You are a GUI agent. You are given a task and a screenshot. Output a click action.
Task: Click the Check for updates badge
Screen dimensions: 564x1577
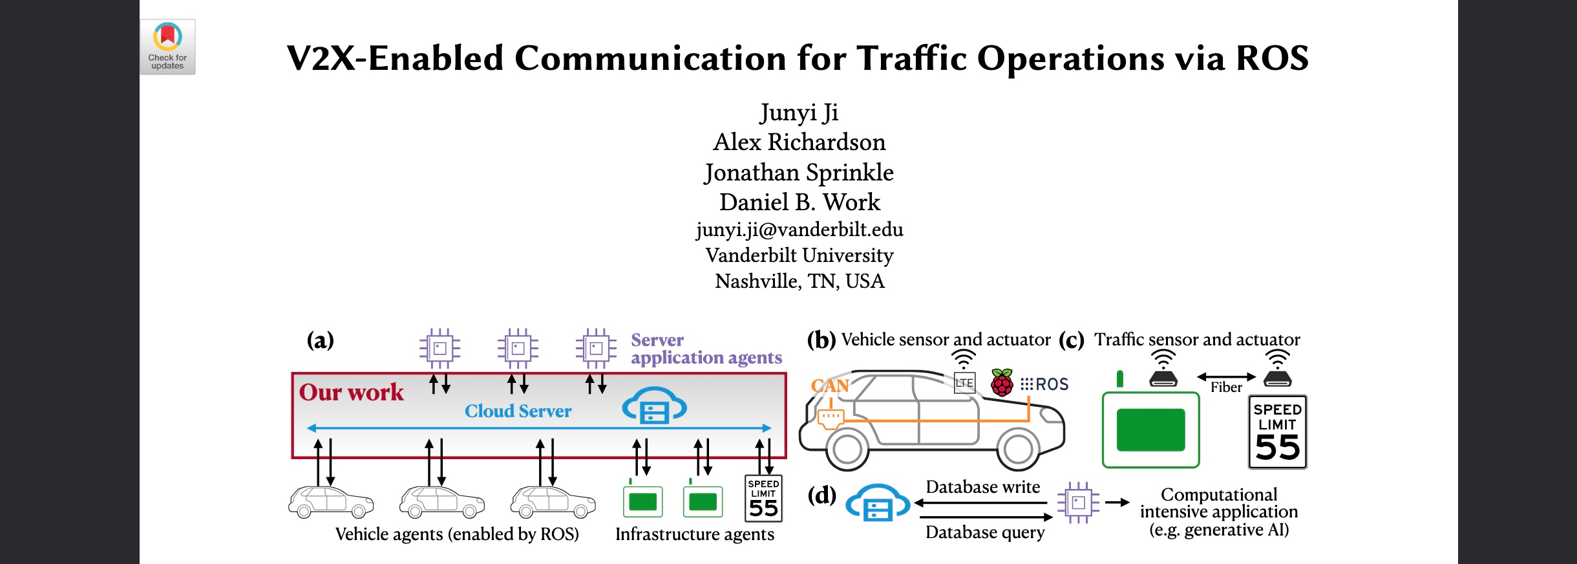click(167, 47)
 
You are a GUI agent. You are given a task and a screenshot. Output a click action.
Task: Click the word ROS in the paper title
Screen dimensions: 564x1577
click(1272, 58)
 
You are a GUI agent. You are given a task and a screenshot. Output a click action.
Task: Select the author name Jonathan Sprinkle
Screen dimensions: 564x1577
click(799, 173)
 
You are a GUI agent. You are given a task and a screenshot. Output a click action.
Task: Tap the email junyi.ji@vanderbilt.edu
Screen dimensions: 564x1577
click(799, 230)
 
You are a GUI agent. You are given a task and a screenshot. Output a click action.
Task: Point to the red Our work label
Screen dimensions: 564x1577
click(351, 393)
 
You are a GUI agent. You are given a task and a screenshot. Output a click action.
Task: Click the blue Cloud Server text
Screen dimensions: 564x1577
click(518, 411)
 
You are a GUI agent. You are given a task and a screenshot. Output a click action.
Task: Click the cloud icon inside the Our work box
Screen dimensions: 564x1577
click(653, 406)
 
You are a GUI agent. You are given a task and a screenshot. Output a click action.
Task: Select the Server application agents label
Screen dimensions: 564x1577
click(706, 349)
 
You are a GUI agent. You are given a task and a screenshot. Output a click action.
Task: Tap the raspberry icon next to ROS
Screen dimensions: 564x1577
click(1001, 383)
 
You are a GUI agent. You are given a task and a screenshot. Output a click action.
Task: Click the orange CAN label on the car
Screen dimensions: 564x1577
click(829, 386)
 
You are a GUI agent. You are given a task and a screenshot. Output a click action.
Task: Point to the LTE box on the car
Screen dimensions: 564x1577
click(964, 383)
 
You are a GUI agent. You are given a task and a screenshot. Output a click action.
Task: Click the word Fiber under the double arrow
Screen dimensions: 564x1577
click(1226, 387)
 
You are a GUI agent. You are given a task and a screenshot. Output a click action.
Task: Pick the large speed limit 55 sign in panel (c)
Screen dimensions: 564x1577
click(1277, 432)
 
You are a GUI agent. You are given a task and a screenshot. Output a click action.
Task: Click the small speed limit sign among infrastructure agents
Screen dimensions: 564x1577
click(763, 499)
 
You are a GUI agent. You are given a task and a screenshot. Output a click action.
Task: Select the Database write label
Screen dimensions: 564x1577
click(982, 487)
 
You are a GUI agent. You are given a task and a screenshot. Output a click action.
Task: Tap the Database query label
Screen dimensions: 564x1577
click(984, 532)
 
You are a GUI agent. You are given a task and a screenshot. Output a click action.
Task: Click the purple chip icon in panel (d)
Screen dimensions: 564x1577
click(1077, 503)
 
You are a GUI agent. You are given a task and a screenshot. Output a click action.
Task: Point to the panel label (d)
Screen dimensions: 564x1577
click(821, 495)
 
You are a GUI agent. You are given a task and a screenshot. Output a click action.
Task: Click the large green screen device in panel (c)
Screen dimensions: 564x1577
click(1150, 429)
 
